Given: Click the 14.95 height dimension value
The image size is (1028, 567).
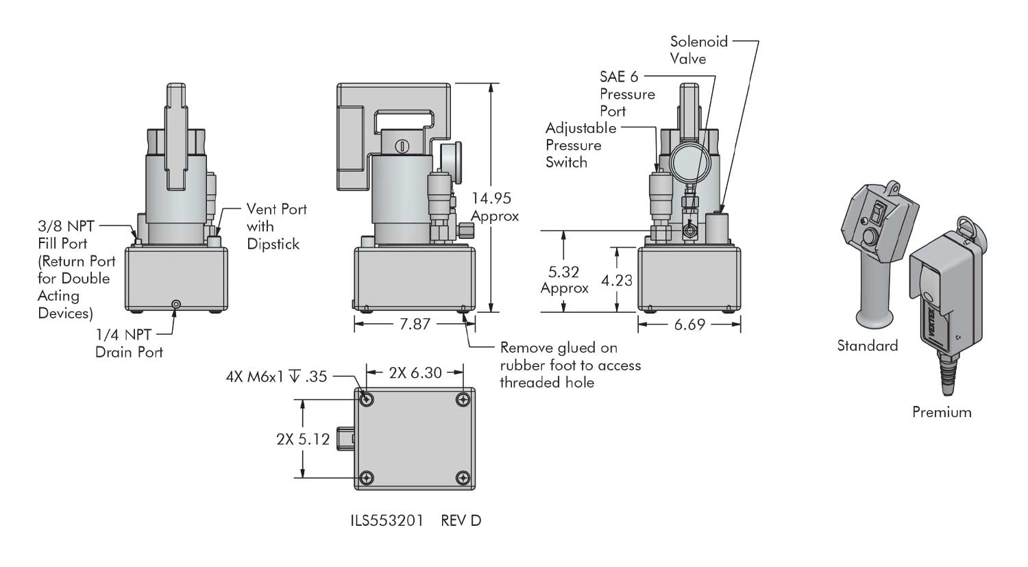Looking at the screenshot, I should pos(491,199).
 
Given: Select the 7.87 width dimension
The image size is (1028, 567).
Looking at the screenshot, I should pos(415,324).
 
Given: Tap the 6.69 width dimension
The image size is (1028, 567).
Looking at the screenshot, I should pos(689,324).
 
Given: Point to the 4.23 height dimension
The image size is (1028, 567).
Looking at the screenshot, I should pos(616,279).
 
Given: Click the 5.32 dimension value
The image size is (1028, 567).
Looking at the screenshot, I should pos(564,272).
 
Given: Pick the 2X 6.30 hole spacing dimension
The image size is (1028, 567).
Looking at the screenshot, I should pos(415,373).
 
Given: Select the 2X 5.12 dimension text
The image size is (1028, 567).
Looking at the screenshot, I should pos(303,439).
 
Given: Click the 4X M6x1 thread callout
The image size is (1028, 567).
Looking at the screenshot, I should pos(276,376).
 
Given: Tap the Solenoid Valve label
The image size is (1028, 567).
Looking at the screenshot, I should pos(698,50).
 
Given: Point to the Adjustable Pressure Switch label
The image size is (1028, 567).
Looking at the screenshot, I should pos(580,145).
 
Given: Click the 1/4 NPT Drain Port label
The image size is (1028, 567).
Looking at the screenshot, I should pos(129,344).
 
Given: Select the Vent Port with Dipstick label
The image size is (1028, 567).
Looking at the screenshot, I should pos(276,226).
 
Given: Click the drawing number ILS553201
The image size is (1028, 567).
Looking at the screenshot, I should pos(388,520).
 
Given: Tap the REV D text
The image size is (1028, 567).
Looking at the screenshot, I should pos(461,520).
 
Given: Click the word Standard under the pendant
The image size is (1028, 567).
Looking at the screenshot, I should pos(867,346).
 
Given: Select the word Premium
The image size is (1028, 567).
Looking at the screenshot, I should pos(942,412).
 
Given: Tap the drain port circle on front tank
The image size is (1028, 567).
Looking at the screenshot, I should pos(177,304).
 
